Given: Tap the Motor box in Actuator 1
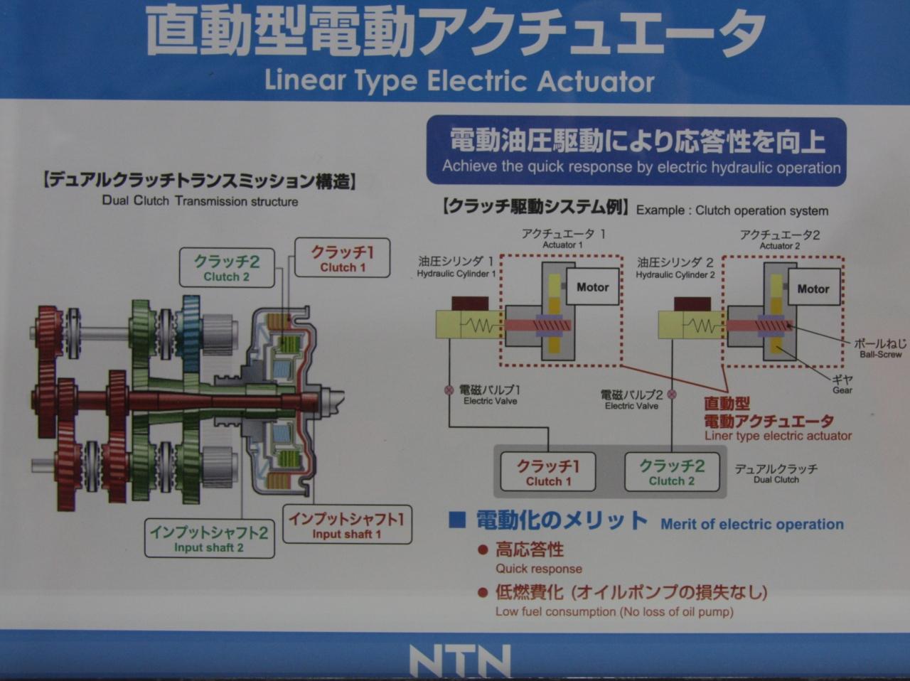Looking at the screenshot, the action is pyautogui.click(x=592, y=286).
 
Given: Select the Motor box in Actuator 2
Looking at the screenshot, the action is pyautogui.click(x=813, y=288).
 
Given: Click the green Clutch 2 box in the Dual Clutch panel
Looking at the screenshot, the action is pyautogui.click(x=672, y=473).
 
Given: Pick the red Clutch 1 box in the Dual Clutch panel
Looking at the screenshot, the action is pyautogui.click(x=548, y=473).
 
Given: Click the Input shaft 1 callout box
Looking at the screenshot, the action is pyautogui.click(x=347, y=525).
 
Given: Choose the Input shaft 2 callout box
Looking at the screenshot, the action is pyautogui.click(x=209, y=538).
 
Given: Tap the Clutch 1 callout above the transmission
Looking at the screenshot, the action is pyautogui.click(x=343, y=258).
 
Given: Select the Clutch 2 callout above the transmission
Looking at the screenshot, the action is pyautogui.click(x=227, y=268).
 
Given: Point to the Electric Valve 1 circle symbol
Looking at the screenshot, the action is pyautogui.click(x=449, y=390).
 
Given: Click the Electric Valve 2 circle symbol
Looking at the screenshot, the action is pyautogui.click(x=672, y=394).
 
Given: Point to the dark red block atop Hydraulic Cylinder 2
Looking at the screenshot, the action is pyautogui.click(x=692, y=304).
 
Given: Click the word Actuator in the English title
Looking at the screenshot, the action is pyautogui.click(x=596, y=81).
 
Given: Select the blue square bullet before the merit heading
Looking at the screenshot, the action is pyautogui.click(x=457, y=520).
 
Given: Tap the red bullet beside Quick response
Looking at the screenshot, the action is pyautogui.click(x=482, y=550).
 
